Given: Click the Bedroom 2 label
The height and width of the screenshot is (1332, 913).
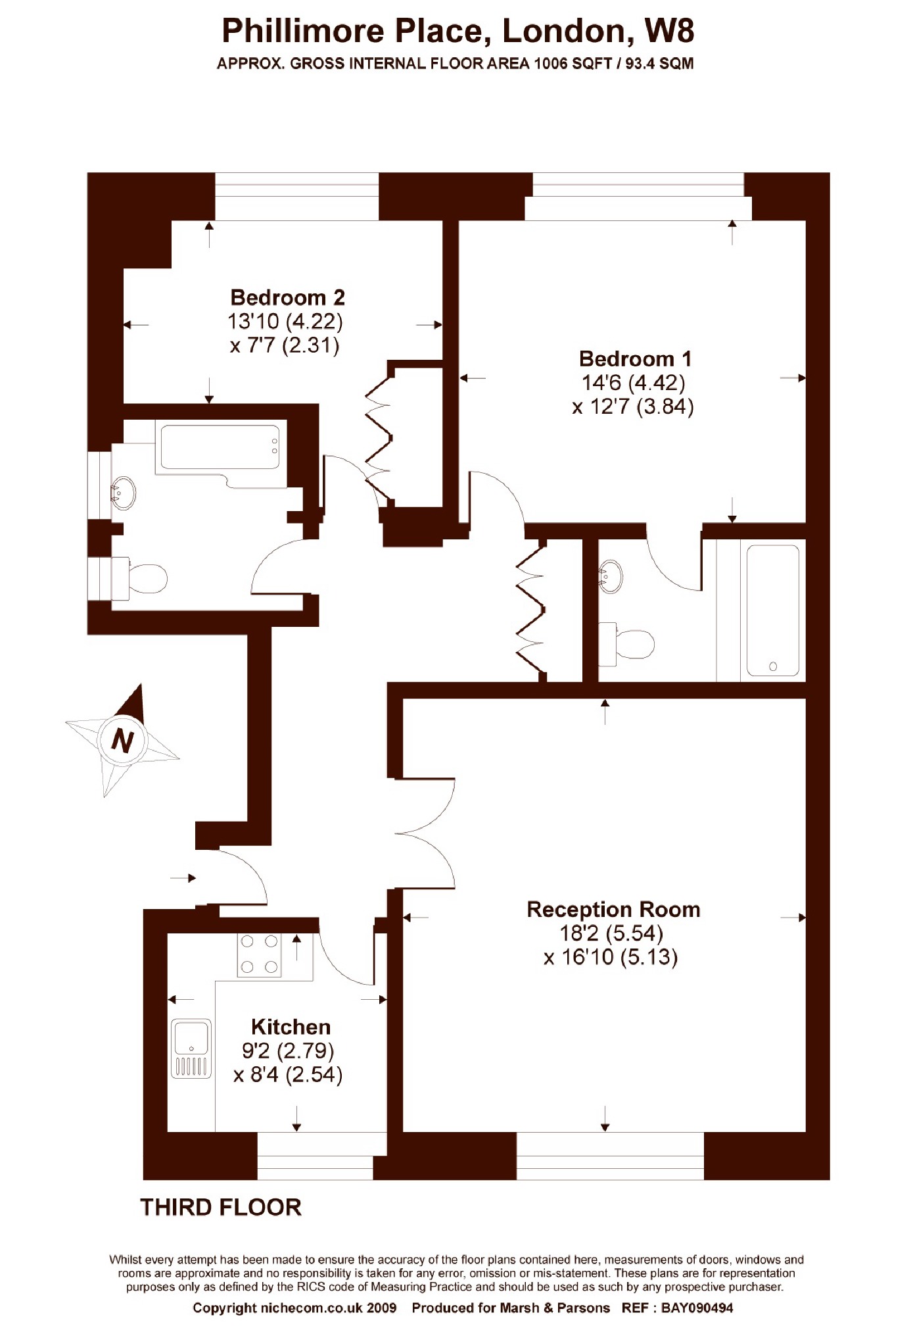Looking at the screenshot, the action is (287, 297).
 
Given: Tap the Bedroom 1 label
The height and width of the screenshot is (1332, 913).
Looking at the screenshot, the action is (635, 358).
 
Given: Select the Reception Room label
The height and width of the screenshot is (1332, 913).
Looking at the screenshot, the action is (613, 909).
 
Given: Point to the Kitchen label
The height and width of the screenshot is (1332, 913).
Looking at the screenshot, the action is (291, 1026).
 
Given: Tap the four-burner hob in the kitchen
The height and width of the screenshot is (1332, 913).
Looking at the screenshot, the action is (259, 954).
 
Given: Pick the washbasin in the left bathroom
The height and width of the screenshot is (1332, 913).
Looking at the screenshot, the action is (123, 492).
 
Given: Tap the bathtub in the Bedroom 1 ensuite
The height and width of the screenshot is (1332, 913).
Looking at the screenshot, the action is (773, 610).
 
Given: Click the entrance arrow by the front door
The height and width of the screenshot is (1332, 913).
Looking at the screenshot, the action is (183, 877).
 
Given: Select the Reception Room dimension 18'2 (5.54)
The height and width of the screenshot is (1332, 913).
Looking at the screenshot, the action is (611, 933).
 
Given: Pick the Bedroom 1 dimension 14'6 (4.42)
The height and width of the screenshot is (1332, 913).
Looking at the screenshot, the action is (634, 382).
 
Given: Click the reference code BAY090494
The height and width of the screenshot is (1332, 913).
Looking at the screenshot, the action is (697, 1308).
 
